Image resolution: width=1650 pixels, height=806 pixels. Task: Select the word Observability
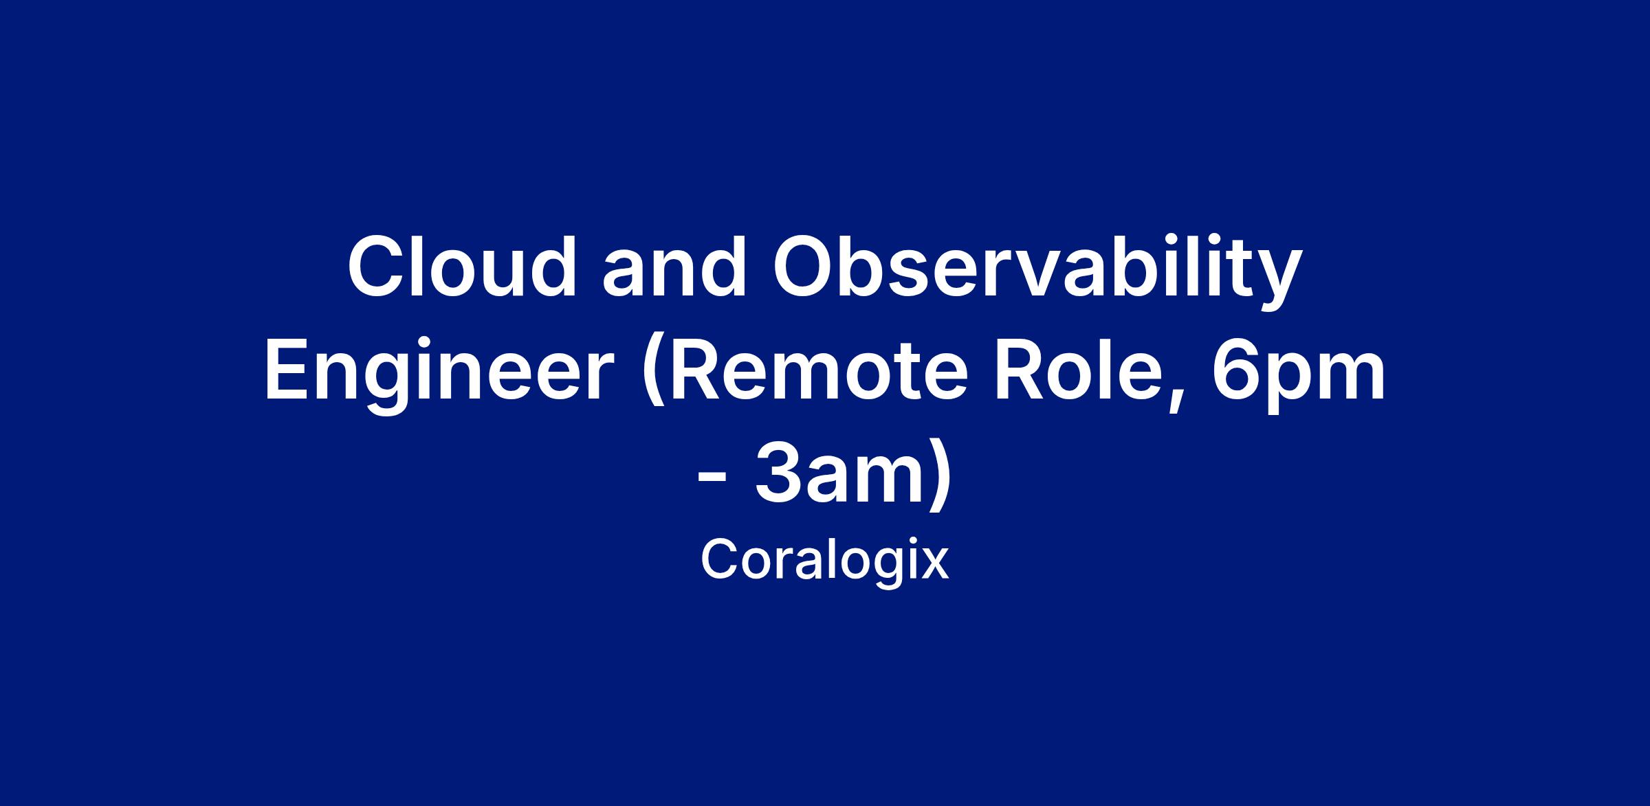click(1037, 273)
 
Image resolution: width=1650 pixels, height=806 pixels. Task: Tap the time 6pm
click(1298, 377)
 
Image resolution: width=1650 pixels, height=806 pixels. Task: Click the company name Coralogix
click(825, 561)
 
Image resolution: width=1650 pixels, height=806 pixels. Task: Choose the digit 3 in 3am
click(777, 475)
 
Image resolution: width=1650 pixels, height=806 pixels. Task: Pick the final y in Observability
click(1281, 282)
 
